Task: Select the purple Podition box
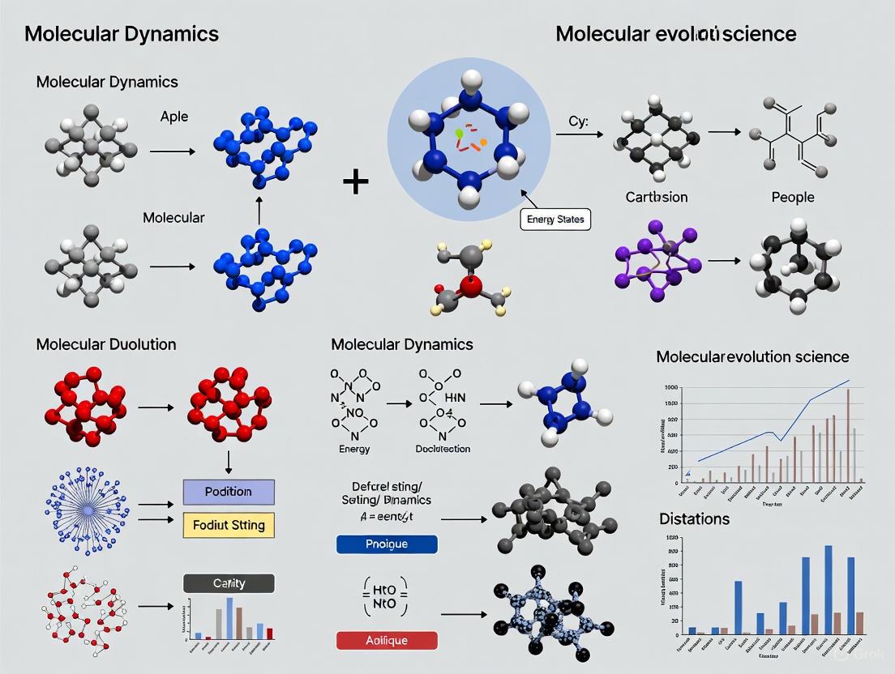point(229,492)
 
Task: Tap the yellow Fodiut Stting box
point(229,525)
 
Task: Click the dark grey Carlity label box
point(229,582)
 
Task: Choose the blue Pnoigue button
point(387,544)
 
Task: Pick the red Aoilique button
point(387,640)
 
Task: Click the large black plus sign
point(355,181)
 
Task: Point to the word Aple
point(174,117)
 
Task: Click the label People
point(793,197)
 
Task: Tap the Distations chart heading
point(694,518)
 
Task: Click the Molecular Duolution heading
point(106,344)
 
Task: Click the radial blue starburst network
point(87,509)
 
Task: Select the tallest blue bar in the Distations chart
point(829,589)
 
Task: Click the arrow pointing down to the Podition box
point(229,460)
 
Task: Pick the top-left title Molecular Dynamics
point(122,34)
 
